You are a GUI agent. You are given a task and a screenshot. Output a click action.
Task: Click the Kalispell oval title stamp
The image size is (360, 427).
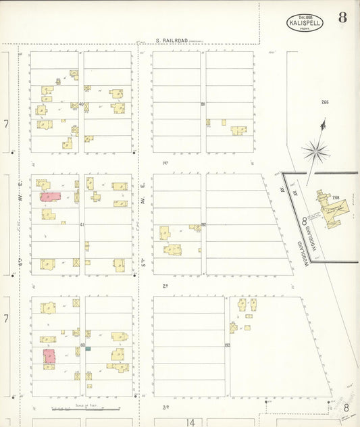tap(305, 23)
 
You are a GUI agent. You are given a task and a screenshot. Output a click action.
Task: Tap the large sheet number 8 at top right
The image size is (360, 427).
tap(342, 18)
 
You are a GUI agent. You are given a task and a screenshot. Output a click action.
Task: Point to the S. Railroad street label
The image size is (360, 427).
tap(170, 41)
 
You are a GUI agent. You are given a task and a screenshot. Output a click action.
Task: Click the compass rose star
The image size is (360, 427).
tap(315, 151)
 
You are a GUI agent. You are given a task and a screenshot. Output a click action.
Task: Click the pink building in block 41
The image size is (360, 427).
tap(50, 197)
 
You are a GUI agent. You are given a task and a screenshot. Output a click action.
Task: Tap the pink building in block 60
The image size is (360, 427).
tap(49, 356)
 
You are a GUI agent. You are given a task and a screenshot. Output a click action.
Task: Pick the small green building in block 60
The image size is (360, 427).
tap(88, 349)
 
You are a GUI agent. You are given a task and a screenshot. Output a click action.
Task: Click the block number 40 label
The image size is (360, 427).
tap(81, 104)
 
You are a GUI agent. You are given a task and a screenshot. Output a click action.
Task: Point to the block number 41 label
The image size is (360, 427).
tap(82, 224)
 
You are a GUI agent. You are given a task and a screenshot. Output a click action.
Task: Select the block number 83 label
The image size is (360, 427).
tap(227, 346)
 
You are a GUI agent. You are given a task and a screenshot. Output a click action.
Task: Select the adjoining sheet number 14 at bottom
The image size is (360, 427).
tap(191, 422)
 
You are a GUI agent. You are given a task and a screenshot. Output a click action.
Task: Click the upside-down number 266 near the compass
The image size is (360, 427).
tap(325, 102)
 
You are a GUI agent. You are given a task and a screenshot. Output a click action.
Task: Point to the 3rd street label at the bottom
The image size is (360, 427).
tap(166, 407)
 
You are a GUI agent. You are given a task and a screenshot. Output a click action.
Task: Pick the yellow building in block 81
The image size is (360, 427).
tap(238, 130)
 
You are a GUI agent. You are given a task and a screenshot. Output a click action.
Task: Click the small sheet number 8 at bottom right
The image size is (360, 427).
tap(346, 407)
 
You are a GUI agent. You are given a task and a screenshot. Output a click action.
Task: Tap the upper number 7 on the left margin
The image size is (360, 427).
tap(5, 124)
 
